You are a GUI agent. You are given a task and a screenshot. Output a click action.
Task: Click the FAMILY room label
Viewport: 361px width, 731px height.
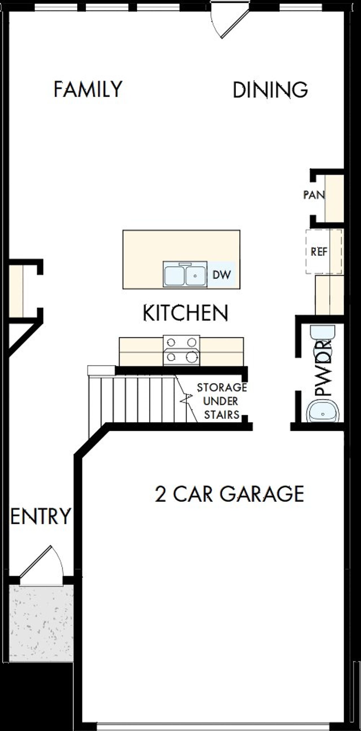pos(88,89)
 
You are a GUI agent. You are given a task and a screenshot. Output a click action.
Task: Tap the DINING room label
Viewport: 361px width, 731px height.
pos(270,90)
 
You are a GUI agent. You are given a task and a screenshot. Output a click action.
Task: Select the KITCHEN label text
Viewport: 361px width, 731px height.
pos(185,313)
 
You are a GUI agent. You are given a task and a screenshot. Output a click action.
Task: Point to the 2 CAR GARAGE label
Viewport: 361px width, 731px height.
pos(229,494)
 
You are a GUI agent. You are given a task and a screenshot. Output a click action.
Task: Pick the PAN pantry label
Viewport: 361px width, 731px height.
pos(314,195)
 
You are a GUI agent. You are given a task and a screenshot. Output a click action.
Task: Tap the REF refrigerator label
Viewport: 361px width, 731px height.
pos(319,251)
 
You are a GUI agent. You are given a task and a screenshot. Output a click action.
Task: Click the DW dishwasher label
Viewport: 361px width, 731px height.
pos(222,275)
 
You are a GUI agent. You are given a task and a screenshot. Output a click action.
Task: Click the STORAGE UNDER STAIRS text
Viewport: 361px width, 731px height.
pos(222,401)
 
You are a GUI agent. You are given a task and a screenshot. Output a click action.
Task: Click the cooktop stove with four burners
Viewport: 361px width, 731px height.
pos(181,350)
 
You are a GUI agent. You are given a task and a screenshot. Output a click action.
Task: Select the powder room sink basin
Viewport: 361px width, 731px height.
pos(323,412)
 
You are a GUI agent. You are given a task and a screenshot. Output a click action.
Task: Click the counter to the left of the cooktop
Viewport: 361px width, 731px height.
pos(141,351)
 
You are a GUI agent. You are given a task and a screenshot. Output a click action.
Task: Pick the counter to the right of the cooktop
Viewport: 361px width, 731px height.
pos(221,351)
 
